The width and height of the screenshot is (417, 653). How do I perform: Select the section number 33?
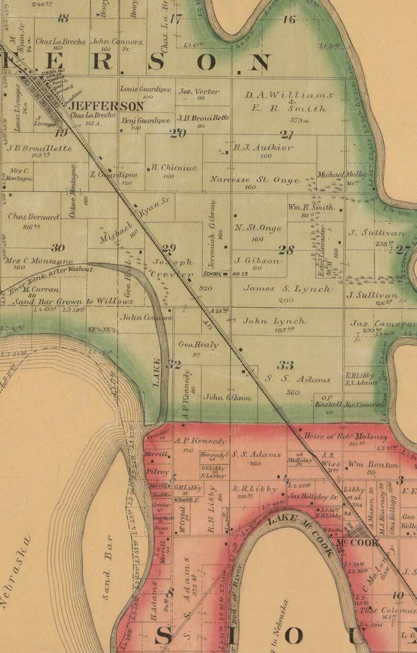pos(285,365)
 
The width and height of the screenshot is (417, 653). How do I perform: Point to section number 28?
pos(286,250)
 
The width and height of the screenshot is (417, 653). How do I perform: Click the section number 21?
pos(286,134)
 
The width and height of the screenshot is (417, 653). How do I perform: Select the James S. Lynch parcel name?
pos(287,289)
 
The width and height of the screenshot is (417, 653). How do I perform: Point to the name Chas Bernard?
pos(33,216)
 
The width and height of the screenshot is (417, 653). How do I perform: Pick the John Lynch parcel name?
pos(275,320)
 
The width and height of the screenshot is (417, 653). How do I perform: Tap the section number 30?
pos(58,247)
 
